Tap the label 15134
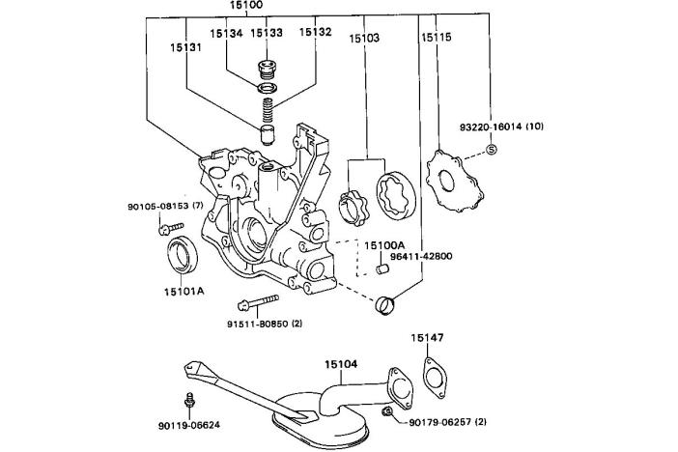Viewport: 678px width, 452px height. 226,33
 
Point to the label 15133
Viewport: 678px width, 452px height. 267,33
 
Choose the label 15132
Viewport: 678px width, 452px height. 316,33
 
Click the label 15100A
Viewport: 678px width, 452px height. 384,246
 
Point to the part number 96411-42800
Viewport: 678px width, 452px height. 417,257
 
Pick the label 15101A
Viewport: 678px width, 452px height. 183,289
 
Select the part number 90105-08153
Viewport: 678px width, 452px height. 164,206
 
